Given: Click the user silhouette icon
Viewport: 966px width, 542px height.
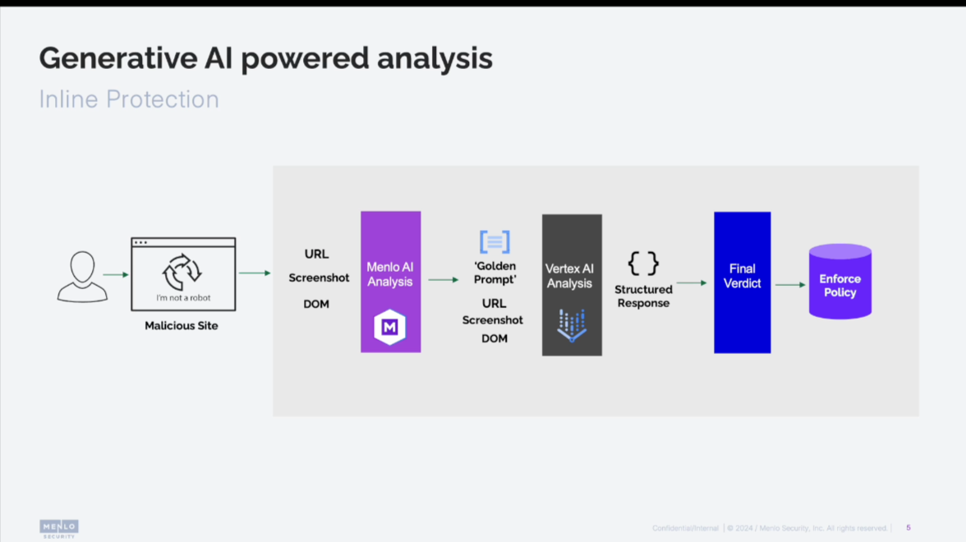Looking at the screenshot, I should (x=82, y=277).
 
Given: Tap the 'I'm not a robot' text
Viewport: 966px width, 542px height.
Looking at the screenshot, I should (x=183, y=298).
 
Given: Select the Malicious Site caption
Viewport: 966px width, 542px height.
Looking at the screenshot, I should (x=182, y=326).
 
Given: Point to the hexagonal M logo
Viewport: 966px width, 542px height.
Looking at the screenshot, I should (x=389, y=327).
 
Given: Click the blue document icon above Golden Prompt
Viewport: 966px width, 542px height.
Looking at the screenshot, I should (x=494, y=241).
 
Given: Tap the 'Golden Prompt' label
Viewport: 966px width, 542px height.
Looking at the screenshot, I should (x=494, y=273).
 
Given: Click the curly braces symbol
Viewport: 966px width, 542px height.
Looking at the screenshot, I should (x=643, y=264).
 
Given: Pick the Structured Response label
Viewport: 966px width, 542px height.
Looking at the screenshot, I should (x=643, y=296).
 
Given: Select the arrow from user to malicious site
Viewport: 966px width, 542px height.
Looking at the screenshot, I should (x=116, y=275).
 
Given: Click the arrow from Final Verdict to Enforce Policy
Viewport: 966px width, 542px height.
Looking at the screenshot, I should (x=790, y=285).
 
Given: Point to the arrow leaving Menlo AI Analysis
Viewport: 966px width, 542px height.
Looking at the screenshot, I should (x=444, y=280).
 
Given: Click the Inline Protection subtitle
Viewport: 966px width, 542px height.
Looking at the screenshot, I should (x=129, y=99).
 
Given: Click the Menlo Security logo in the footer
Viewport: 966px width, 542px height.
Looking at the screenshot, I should (x=59, y=528).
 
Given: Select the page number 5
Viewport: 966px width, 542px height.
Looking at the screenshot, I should (x=908, y=528).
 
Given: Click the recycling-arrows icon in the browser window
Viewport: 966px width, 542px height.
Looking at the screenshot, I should (x=182, y=272).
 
